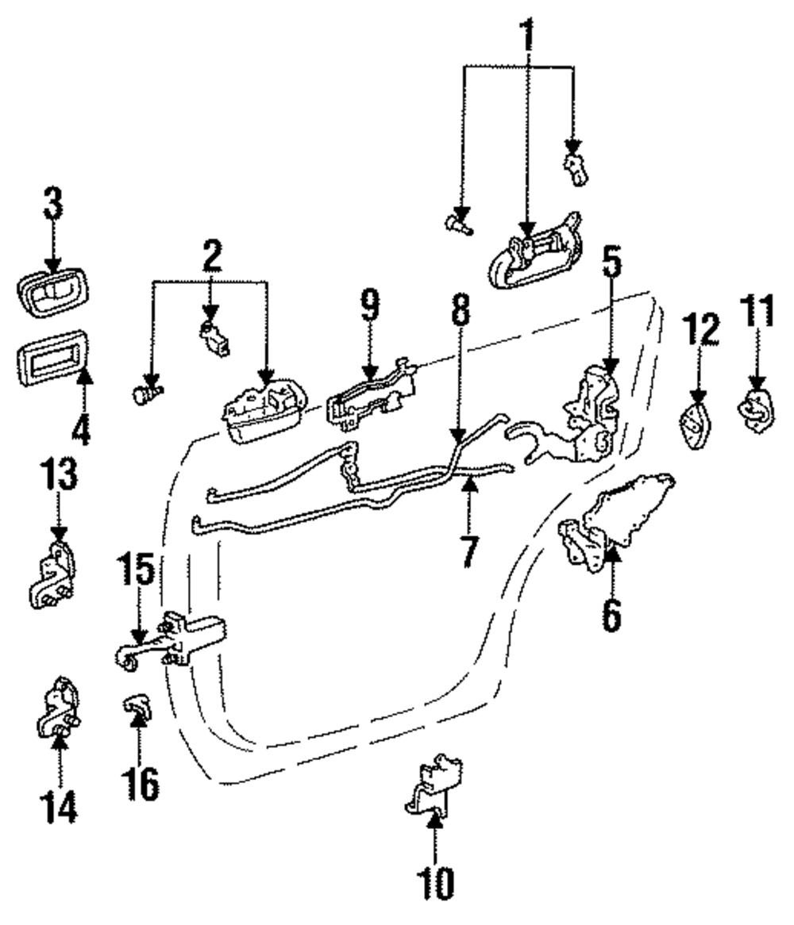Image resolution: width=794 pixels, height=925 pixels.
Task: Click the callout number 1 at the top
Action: pyautogui.click(x=527, y=35)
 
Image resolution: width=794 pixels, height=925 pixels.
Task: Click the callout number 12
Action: pyautogui.click(x=701, y=329)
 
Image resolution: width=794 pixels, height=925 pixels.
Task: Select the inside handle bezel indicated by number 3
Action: pyautogui.click(x=52, y=294)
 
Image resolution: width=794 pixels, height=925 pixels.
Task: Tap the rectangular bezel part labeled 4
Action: pyautogui.click(x=52, y=358)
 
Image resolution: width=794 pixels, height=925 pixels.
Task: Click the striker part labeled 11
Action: pyautogui.click(x=756, y=410)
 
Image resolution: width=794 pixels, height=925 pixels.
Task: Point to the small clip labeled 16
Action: pyautogui.click(x=137, y=706)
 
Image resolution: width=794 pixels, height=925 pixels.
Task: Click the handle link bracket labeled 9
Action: pyautogui.click(x=370, y=396)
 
